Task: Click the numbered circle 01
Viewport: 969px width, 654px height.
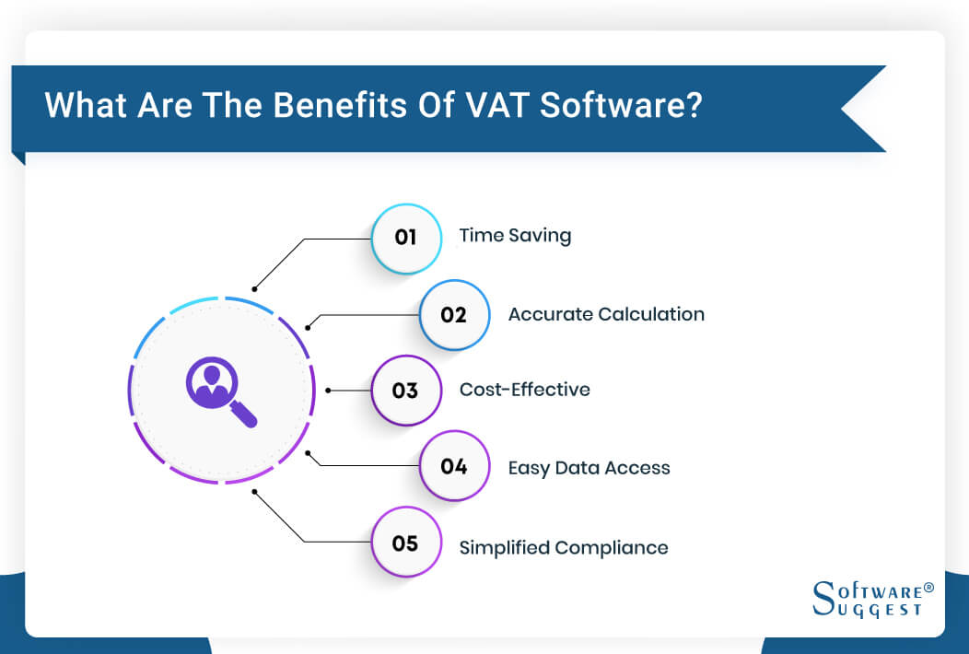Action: [406, 238]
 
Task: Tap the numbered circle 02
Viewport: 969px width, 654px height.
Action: [454, 315]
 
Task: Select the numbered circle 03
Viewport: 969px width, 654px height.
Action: [406, 391]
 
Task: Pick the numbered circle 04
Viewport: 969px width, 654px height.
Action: [454, 467]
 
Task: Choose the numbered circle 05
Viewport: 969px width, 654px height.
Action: [406, 543]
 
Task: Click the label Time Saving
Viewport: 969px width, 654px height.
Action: [515, 236]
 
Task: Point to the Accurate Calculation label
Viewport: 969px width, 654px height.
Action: [606, 314]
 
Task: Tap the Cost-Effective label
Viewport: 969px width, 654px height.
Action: [524, 390]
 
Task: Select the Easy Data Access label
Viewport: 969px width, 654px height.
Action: [589, 468]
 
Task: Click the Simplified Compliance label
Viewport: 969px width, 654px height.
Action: [564, 547]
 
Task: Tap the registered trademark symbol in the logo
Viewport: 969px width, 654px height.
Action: [928, 586]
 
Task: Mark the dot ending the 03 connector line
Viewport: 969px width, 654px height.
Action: [329, 391]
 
